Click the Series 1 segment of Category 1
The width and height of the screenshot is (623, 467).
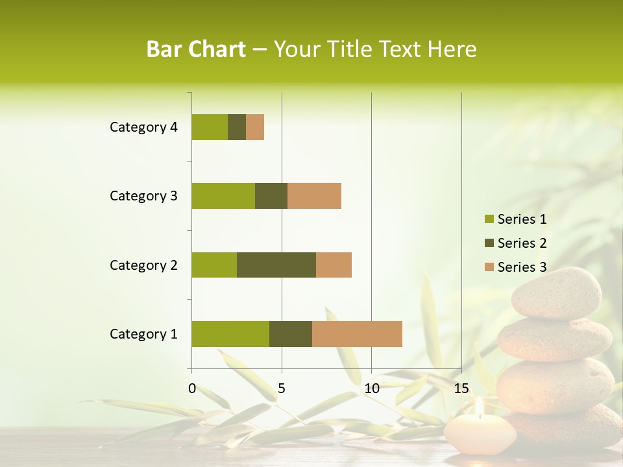pyautogui.click(x=230, y=333)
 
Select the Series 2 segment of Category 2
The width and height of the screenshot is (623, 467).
pyautogui.click(x=276, y=265)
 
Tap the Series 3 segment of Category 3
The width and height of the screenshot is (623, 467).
pyautogui.click(x=314, y=195)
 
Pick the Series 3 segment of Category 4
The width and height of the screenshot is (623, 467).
pyautogui.click(x=255, y=126)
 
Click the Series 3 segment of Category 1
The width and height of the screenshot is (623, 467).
pyautogui.click(x=357, y=333)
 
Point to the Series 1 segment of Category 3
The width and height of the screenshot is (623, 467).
pyautogui.click(x=223, y=195)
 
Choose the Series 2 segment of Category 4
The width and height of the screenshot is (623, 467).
pyautogui.click(x=237, y=126)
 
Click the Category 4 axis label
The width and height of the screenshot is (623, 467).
pyautogui.click(x=143, y=127)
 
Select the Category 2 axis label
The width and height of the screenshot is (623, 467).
pyautogui.click(x=143, y=265)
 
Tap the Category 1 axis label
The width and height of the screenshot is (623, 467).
pyautogui.click(x=143, y=334)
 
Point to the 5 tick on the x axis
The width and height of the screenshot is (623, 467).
pyautogui.click(x=282, y=389)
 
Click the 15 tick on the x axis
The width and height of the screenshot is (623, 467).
pyautogui.click(x=461, y=389)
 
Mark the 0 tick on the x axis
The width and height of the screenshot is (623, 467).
pyautogui.click(x=192, y=389)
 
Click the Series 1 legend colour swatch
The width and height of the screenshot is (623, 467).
pyautogui.click(x=489, y=219)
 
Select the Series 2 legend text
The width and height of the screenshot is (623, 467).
pyautogui.click(x=522, y=243)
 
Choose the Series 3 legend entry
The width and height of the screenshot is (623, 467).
pyautogui.click(x=516, y=267)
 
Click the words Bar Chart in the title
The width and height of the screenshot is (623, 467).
pyautogui.click(x=196, y=49)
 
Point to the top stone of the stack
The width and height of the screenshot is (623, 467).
pyautogui.click(x=557, y=293)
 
